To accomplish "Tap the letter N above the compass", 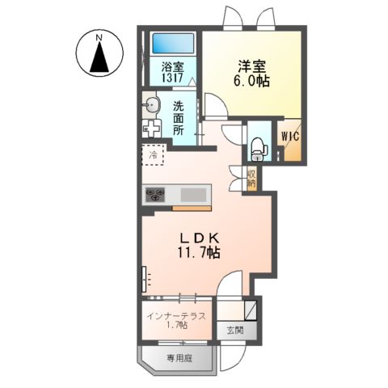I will point(99,36).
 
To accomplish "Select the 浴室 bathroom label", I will point(171,68).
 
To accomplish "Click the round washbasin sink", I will point(151,105).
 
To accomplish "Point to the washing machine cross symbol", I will point(151,129).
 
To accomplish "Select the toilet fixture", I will point(257,146).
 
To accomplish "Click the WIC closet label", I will point(290,137).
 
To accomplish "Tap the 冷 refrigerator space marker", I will point(153,154).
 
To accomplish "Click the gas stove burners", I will point(156,194).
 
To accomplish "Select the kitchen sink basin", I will point(193,195).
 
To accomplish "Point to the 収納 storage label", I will point(251,179).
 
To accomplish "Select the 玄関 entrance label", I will point(234,330).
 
